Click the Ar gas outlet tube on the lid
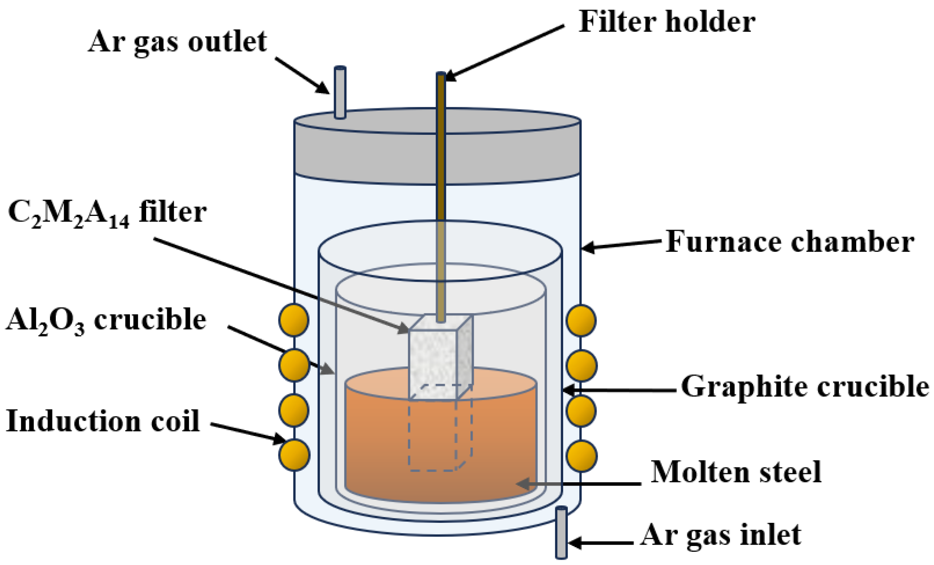[340, 93]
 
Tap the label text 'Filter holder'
[667, 22]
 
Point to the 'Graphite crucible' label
[805, 387]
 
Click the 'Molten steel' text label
[736, 472]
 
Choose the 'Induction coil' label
[103, 421]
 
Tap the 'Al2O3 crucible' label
[106, 321]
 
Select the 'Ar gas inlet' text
[720, 535]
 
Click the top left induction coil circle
[294, 320]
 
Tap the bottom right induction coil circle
[581, 456]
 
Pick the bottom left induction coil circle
[294, 455]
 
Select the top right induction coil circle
[581, 320]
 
